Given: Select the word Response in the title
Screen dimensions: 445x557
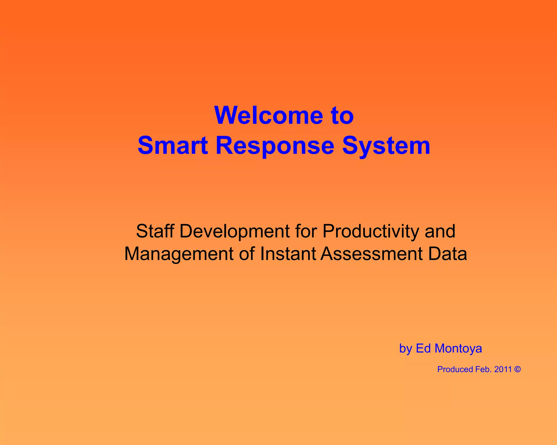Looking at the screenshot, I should (275, 146).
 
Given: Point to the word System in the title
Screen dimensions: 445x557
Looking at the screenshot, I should (386, 146).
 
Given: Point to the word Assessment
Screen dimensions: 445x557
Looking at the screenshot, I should (372, 254).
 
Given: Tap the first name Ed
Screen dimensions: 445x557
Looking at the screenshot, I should (423, 348).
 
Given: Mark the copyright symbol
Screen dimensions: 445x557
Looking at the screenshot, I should (518, 369).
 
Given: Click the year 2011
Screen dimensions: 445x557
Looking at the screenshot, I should (503, 369).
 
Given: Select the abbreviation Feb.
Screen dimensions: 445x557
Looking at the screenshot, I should (484, 369).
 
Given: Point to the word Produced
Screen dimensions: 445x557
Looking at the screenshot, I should (455, 369).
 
